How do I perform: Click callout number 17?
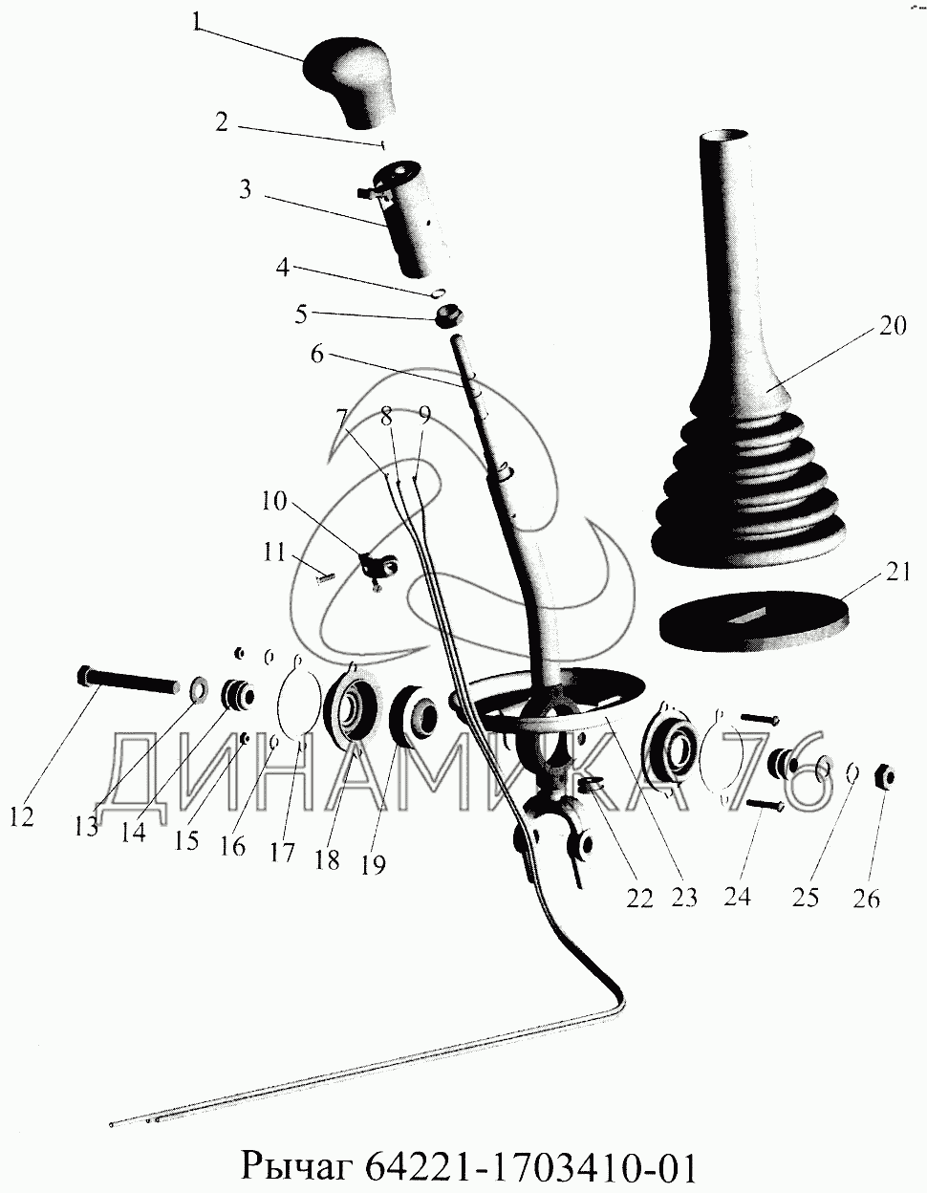[283, 852]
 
